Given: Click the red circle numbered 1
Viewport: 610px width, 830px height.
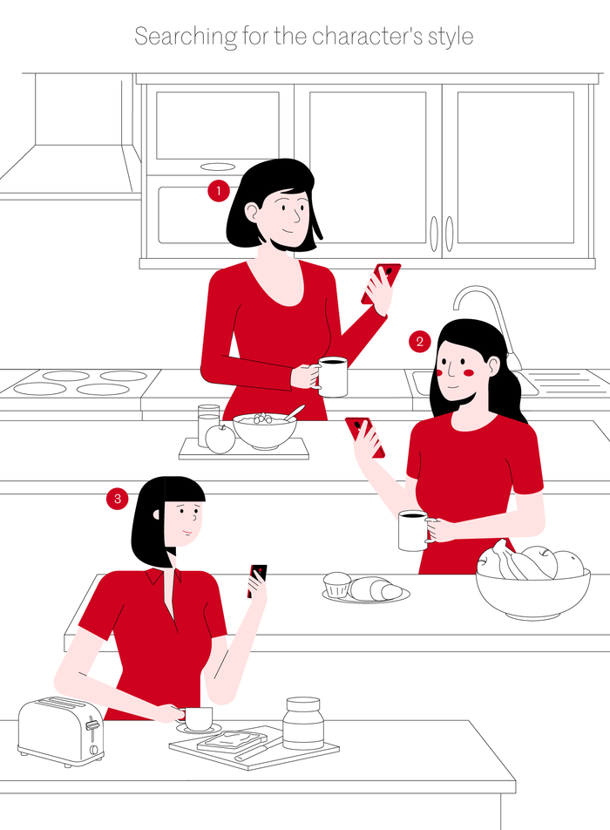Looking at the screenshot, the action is point(219,191).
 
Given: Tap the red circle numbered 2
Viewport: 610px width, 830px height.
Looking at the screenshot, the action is point(419,342).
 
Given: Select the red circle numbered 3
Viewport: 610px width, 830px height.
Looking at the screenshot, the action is point(118,499).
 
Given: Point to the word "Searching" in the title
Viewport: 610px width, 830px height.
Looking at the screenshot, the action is point(186,37).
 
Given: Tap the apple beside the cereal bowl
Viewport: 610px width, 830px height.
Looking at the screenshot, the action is point(220,439).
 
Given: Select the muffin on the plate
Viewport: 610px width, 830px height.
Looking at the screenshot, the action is point(336,584).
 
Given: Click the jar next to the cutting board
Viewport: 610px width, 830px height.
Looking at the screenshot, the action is point(302,723).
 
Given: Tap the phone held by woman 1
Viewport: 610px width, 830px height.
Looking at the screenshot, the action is point(381,282).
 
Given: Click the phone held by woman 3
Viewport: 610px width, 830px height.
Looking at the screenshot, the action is point(257,580).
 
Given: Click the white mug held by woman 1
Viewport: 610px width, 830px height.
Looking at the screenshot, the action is point(332,377).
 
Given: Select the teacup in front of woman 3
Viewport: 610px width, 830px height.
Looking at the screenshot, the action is point(197,718).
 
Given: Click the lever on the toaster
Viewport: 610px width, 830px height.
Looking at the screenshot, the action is point(92,724).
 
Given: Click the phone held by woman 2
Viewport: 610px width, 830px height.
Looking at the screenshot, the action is point(365,438).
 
